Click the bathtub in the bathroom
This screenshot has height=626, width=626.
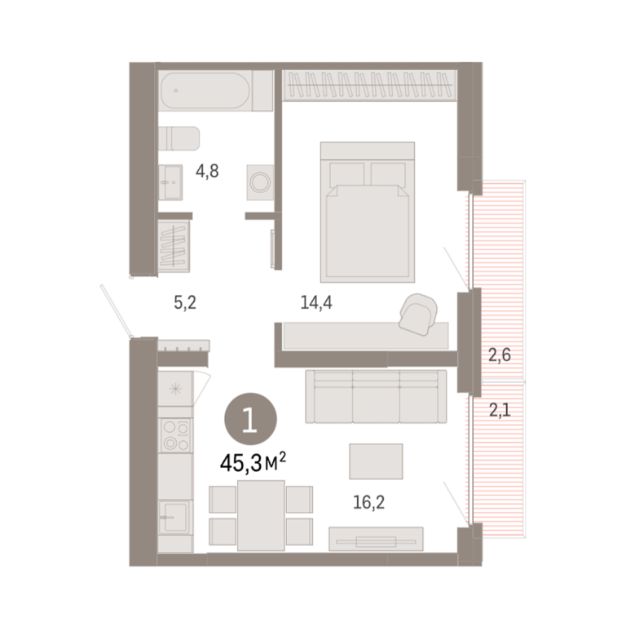click(x=205, y=90)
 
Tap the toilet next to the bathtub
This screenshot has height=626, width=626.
click(x=179, y=139)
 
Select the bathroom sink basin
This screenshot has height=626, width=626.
click(x=170, y=182)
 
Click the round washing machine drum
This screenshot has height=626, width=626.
click(x=260, y=183)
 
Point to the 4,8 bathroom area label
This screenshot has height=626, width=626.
click(x=207, y=171)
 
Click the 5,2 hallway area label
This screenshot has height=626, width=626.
click(x=185, y=302)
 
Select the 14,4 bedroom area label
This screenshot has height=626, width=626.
click(x=316, y=302)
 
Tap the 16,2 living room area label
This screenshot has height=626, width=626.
click(x=369, y=502)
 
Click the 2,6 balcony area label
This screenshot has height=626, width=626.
click(x=500, y=355)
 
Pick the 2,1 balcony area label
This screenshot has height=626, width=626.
click(x=500, y=410)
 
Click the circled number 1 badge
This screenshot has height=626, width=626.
click(x=250, y=419)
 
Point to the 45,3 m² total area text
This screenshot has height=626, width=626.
click(x=253, y=463)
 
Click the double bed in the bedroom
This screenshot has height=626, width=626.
click(x=368, y=212)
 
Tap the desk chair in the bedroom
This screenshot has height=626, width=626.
click(x=418, y=314)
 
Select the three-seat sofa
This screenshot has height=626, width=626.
click(x=376, y=396)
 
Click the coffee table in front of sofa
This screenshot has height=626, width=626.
click(x=376, y=461)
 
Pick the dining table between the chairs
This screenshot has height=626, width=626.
click(x=261, y=515)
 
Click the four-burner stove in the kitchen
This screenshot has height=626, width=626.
click(x=176, y=435)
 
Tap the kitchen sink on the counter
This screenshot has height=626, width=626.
click(x=175, y=517)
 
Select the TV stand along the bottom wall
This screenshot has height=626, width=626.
click(x=376, y=539)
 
